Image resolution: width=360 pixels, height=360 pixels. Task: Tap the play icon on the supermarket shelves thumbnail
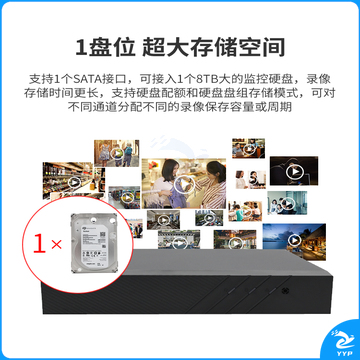[x=74, y=183]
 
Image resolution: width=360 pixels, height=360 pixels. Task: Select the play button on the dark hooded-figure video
[x=294, y=172]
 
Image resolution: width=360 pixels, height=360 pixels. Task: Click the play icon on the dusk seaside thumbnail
[x=294, y=240]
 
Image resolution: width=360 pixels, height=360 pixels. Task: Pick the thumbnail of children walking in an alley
[x=116, y=153]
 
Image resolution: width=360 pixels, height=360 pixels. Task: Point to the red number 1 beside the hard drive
[x=39, y=244]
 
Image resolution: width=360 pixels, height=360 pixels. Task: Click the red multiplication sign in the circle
[x=56, y=245]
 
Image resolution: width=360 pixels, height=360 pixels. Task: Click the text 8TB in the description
[x=206, y=79]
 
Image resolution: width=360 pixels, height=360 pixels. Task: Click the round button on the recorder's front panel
[x=287, y=290]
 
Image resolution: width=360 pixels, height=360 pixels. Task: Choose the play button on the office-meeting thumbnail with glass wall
[x=289, y=203]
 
